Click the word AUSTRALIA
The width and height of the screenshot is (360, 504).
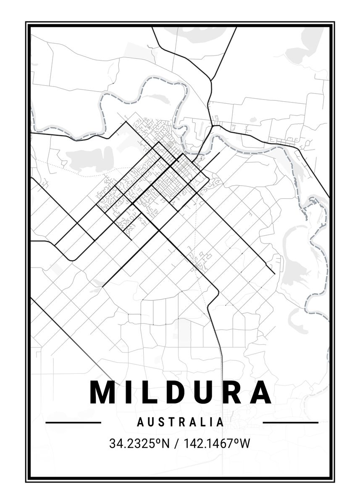click(x=180, y=422)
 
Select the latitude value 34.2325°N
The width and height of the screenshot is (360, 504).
click(x=139, y=444)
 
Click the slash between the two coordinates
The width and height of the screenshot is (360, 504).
click(x=177, y=444)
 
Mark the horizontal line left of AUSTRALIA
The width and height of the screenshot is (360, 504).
click(x=73, y=423)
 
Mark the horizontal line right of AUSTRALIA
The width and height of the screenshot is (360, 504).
click(x=290, y=423)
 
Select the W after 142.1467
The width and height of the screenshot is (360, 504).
click(x=244, y=444)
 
